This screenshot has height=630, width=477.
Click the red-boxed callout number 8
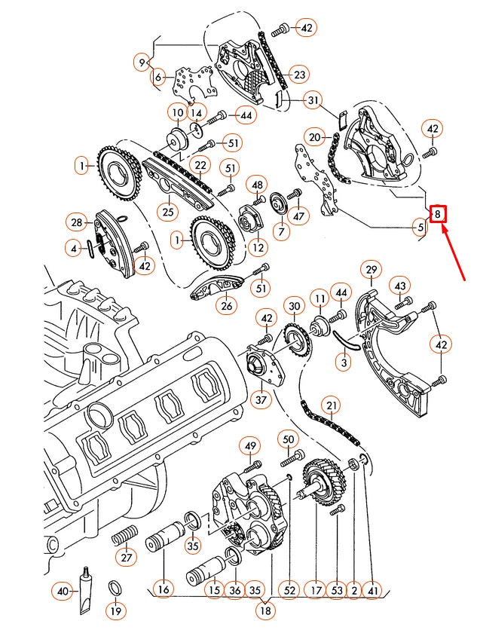[x=437, y=214]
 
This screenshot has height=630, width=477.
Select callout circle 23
[x=300, y=75]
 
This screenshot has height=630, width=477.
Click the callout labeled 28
[x=76, y=222]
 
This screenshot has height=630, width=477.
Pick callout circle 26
[x=226, y=306]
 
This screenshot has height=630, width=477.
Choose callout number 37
[x=261, y=399]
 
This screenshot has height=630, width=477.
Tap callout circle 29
[x=371, y=270]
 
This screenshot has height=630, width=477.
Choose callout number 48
[x=258, y=185]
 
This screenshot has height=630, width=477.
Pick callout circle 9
[x=142, y=62]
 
